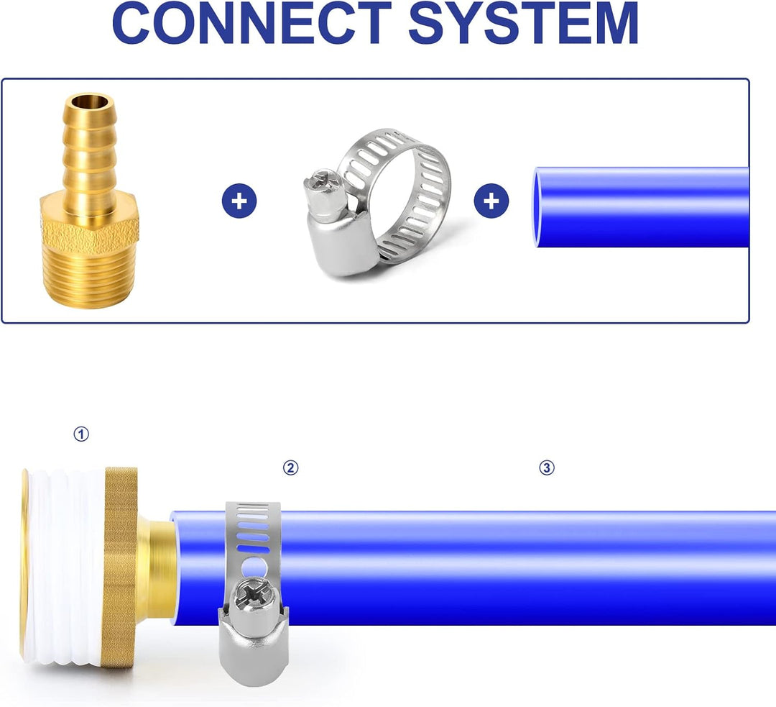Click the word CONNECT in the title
[252, 23]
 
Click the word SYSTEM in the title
[524, 23]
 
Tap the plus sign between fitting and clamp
[239, 201]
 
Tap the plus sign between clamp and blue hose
[491, 201]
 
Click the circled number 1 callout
[81, 434]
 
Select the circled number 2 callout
[290, 467]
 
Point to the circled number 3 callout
[546, 467]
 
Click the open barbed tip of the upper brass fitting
[89, 103]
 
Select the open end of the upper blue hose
[537, 207]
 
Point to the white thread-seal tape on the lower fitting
[65, 567]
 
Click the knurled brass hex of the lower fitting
[120, 567]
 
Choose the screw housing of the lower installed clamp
[253, 644]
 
